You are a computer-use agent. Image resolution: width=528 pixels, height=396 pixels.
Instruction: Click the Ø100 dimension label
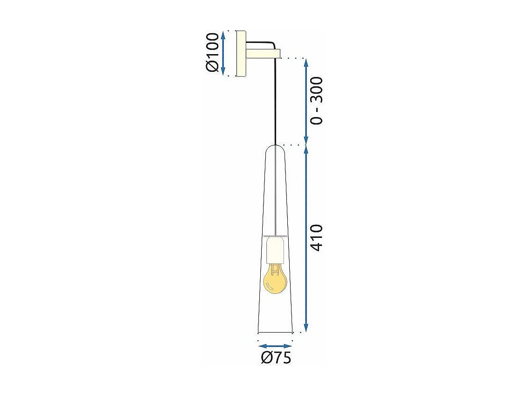[x=212, y=53]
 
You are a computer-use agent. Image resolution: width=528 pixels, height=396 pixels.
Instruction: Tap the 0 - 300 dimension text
[x=317, y=101]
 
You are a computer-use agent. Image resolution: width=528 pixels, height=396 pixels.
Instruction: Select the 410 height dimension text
[x=317, y=238]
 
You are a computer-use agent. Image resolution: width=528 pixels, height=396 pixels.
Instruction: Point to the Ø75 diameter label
[x=276, y=358]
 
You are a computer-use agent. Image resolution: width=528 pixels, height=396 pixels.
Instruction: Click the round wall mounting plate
[x=241, y=53]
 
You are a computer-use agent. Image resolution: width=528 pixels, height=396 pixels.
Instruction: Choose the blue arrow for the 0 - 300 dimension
[x=306, y=101]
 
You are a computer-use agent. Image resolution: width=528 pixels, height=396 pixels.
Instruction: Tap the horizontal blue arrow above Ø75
[x=275, y=346]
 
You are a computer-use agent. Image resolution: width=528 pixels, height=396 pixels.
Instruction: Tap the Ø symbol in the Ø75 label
[x=267, y=358]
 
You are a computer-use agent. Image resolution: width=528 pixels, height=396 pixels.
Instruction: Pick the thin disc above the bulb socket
[x=276, y=236]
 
